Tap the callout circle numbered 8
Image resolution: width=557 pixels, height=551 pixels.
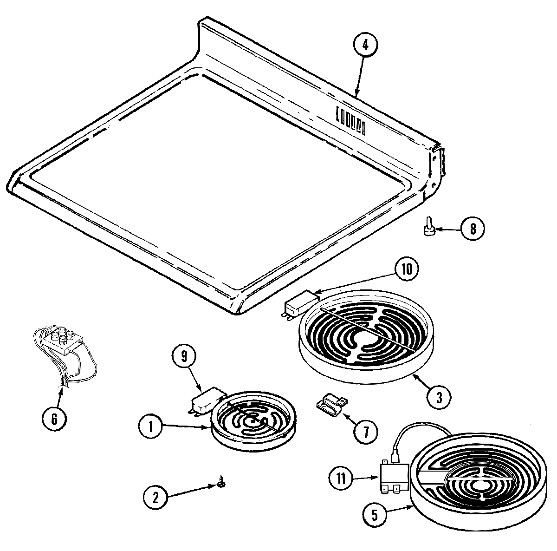472,230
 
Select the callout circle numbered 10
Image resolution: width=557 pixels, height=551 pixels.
407,270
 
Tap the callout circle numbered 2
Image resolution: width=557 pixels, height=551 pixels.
155,498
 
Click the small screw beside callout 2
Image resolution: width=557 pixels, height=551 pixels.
220,485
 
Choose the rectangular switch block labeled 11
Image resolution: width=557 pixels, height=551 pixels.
394,479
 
